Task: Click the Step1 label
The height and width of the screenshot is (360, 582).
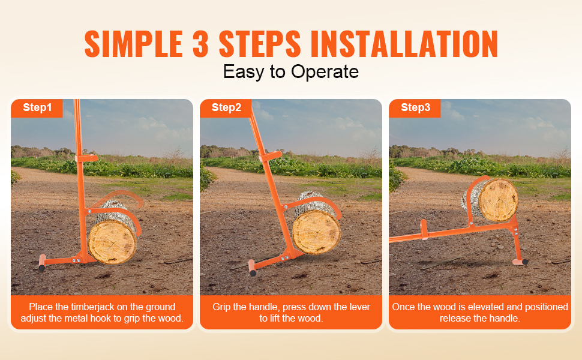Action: (x=37, y=107)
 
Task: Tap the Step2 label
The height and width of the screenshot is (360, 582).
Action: (x=226, y=107)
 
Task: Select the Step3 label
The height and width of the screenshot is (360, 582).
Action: (x=415, y=107)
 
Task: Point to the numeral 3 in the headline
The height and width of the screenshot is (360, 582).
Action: (x=200, y=44)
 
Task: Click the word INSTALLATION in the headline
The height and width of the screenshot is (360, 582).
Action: (x=404, y=44)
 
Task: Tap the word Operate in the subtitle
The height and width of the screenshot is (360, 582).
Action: (x=325, y=71)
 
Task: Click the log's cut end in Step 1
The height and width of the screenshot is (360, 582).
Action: (x=112, y=242)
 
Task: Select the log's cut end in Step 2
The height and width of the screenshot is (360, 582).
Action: (x=316, y=232)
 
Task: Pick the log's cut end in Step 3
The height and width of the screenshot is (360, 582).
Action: (x=498, y=200)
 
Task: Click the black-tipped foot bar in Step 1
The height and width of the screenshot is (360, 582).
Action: (x=42, y=262)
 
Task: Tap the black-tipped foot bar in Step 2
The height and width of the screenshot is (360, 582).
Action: (x=253, y=268)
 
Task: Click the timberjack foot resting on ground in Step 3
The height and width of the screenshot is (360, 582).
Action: (x=520, y=262)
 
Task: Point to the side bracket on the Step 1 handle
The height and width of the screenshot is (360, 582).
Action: (x=87, y=158)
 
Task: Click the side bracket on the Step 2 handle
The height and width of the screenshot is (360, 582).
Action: (x=271, y=155)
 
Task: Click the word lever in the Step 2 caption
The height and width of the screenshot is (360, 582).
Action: (x=359, y=307)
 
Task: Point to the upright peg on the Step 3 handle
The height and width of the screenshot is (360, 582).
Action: (x=424, y=229)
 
